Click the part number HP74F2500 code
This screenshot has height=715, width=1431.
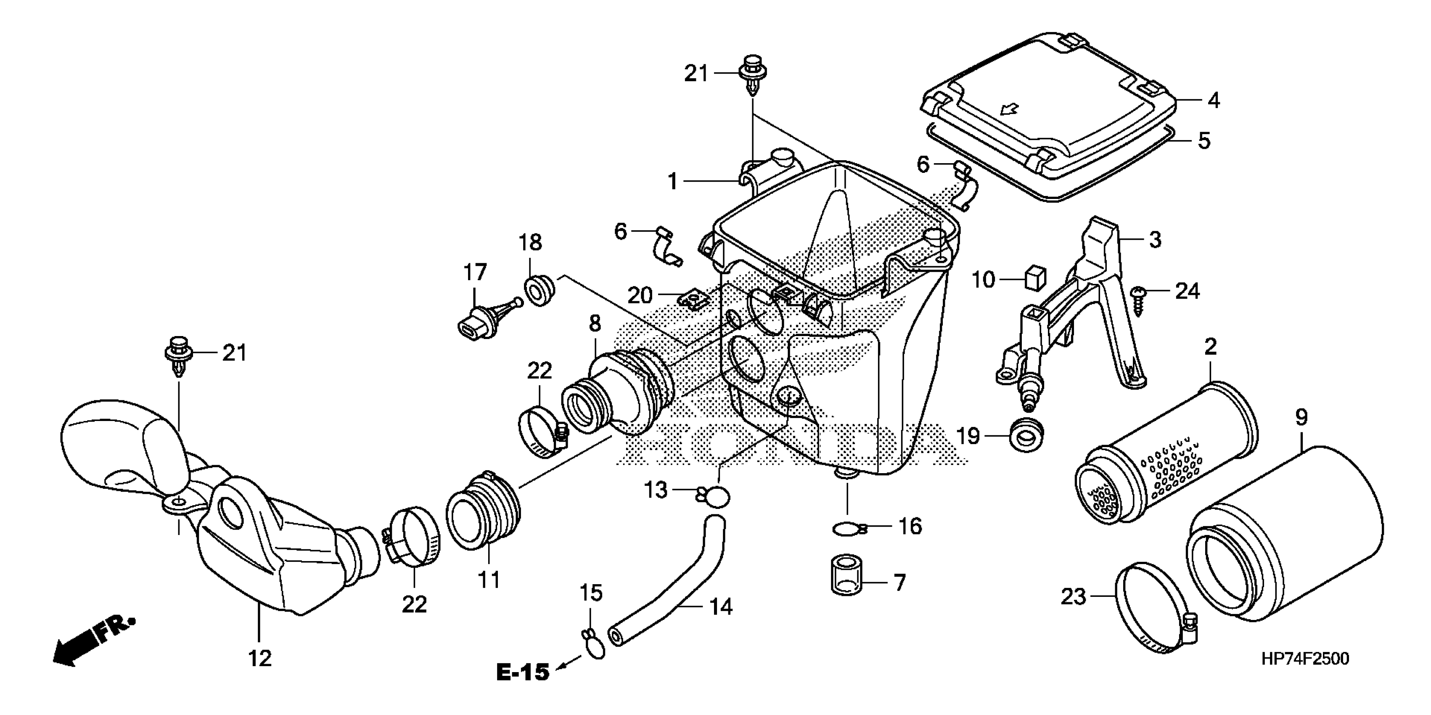coord(1305,659)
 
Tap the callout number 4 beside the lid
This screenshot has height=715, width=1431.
coord(1213,101)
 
